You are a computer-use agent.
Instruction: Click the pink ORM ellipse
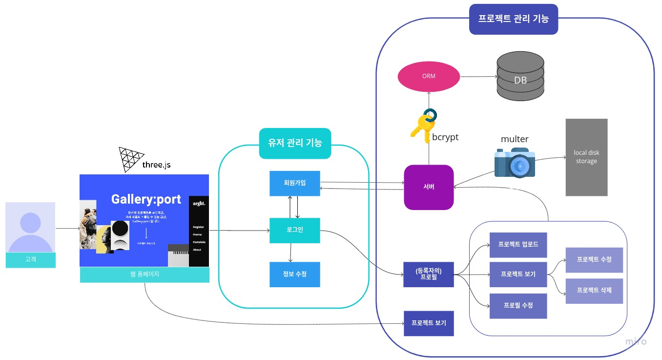pyautogui.click(x=429, y=76)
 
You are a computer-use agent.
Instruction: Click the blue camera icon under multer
pyautogui.click(x=515, y=163)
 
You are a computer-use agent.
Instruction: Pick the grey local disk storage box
pyautogui.click(x=586, y=157)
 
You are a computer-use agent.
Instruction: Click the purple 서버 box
pyautogui.click(x=429, y=187)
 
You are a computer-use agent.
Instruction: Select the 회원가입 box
pyautogui.click(x=295, y=183)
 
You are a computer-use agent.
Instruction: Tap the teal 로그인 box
pyautogui.click(x=295, y=230)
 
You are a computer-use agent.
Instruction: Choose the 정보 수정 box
pyautogui.click(x=295, y=274)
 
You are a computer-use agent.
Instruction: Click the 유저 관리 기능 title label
pyautogui.click(x=295, y=143)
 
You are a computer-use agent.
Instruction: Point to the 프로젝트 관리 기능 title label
pyautogui.click(x=513, y=19)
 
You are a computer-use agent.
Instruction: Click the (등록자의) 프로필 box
pyautogui.click(x=429, y=274)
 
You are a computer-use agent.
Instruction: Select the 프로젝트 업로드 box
pyautogui.click(x=518, y=245)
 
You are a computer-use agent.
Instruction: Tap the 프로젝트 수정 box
pyautogui.click(x=594, y=260)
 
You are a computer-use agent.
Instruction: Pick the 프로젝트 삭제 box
pyautogui.click(x=594, y=290)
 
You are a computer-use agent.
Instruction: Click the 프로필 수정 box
pyautogui.click(x=518, y=306)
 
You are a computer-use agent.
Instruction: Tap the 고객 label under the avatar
pyautogui.click(x=30, y=260)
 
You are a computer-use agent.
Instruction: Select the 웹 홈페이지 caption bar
pyautogui.click(x=145, y=275)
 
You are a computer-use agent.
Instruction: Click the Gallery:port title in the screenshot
pyautogui.click(x=146, y=199)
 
